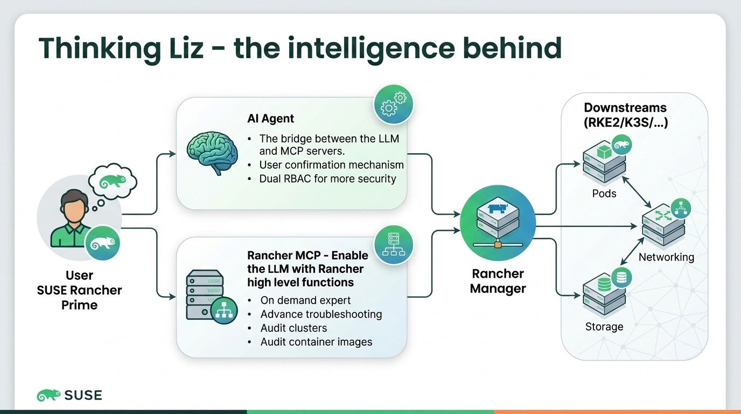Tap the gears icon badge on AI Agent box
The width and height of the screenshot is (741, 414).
point(393,104)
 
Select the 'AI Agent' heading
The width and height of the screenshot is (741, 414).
point(270,119)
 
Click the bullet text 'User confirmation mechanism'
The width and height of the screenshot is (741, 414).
point(331,165)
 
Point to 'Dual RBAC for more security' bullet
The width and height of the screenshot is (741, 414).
point(327,178)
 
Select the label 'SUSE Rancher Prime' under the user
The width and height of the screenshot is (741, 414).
point(79,298)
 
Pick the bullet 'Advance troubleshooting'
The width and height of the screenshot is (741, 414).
point(321,314)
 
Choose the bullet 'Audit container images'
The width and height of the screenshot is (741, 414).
point(316,342)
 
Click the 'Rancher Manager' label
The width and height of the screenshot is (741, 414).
point(498,281)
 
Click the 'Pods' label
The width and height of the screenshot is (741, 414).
point(604,193)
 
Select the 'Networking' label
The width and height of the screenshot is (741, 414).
point(666,257)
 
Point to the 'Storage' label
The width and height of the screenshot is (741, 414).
point(604,327)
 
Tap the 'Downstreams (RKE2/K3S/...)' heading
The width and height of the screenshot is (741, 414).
point(625,115)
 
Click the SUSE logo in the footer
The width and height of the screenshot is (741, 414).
point(69,395)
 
